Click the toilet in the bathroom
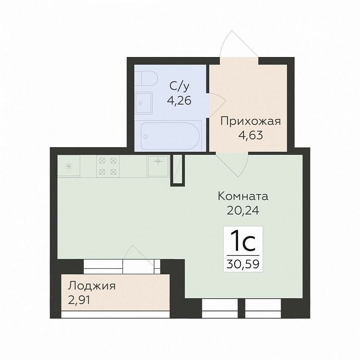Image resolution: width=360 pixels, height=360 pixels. (x=146, y=78)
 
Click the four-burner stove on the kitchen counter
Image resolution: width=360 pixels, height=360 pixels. (x=108, y=166)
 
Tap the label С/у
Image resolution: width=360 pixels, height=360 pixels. (x=179, y=86)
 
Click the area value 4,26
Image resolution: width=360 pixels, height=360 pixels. (x=179, y=101)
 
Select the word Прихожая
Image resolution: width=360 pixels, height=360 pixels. (x=251, y=121)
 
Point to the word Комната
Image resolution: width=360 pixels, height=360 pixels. (x=243, y=196)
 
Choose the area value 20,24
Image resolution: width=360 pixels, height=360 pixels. (x=243, y=210)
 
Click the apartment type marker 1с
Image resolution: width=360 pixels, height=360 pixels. (x=243, y=242)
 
